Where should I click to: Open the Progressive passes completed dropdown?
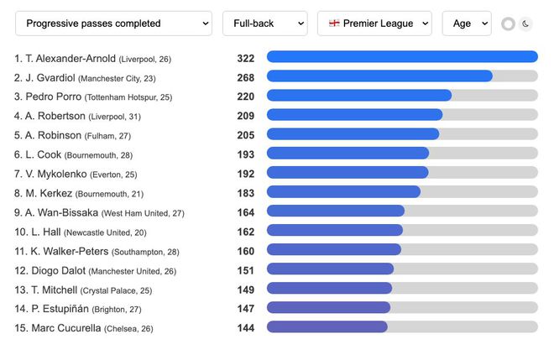click(113, 23)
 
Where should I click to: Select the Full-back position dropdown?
click(264, 23)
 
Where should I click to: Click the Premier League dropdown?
click(374, 23)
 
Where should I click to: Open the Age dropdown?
click(466, 23)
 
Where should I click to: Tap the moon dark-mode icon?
click(526, 23)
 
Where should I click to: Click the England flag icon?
click(334, 23)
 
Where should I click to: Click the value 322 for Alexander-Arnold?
click(245, 58)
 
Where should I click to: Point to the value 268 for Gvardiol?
click(245, 77)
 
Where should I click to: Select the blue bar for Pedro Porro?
click(358, 96)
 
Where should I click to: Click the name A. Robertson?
click(55, 116)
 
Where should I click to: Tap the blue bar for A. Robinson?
click(353, 134)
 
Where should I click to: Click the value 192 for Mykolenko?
click(245, 173)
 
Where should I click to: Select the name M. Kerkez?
click(49, 193)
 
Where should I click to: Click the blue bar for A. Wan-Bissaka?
click(335, 211)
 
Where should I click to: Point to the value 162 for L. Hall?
click(245, 231)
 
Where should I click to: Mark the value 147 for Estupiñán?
click(245, 308)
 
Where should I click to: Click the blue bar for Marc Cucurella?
click(327, 327)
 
